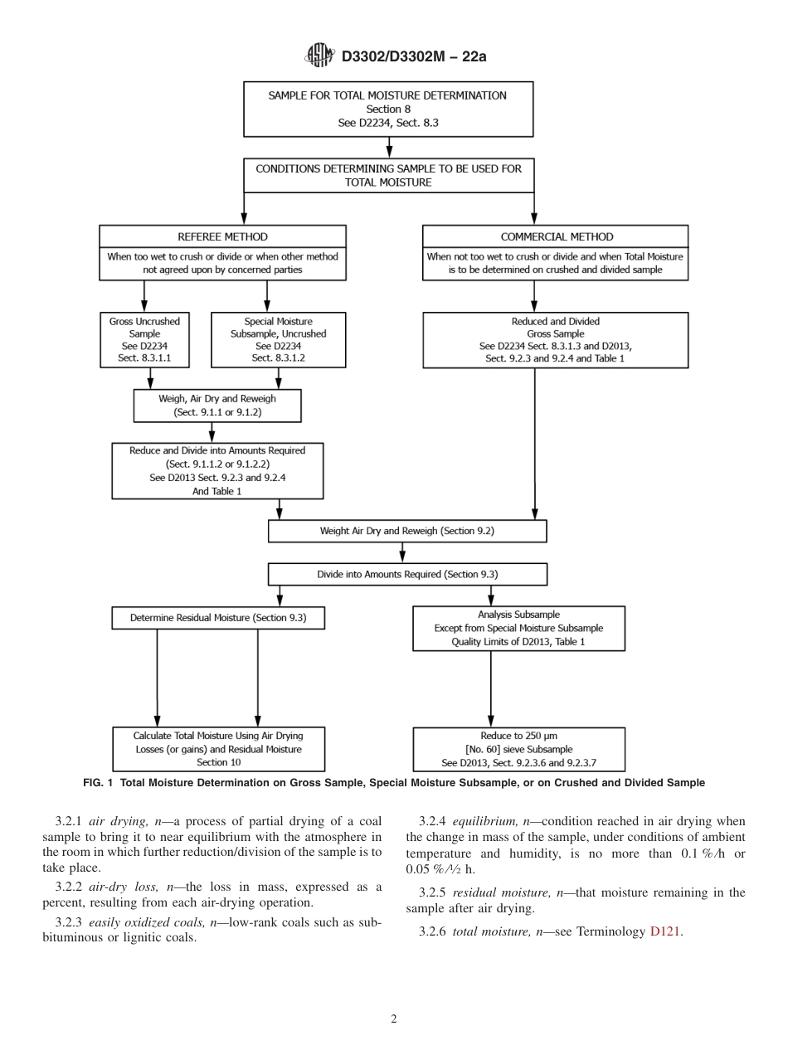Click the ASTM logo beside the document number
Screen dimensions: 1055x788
pos(319,56)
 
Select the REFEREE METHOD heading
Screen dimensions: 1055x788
pos(223,236)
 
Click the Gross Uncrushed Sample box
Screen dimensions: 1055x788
pos(144,340)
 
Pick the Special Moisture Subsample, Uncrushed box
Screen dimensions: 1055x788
pos(278,340)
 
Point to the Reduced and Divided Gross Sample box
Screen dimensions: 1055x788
pos(555,340)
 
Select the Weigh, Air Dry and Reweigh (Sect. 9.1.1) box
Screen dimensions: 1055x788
pos(217,405)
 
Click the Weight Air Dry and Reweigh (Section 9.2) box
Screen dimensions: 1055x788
pos(407,531)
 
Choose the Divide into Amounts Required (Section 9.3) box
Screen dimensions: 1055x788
pos(407,574)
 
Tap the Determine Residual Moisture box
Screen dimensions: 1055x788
pos(218,617)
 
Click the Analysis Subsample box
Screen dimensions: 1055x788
pos(518,628)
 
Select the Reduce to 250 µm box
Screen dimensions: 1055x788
pos(518,749)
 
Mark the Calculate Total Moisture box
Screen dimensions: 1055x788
pos(218,749)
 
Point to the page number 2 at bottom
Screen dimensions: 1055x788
pos(393,1019)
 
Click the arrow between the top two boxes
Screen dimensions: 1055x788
pos(389,147)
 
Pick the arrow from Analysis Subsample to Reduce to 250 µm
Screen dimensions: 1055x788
pos(491,688)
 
